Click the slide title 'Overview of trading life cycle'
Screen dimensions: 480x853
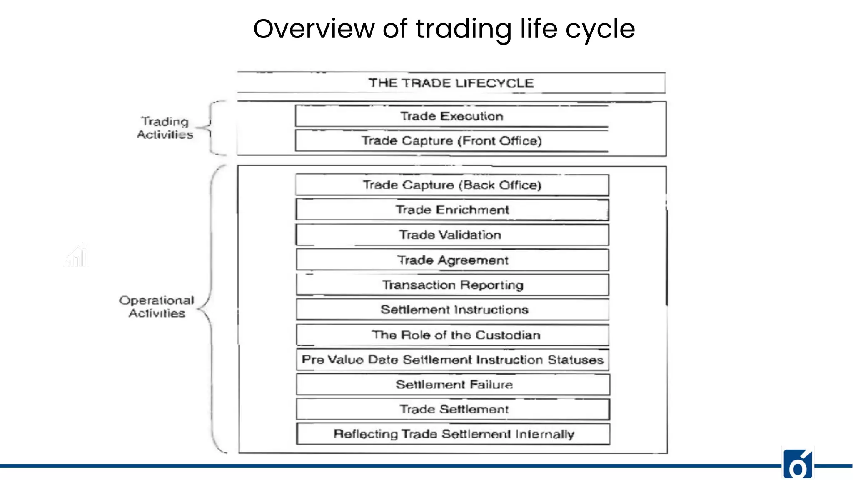[x=444, y=29]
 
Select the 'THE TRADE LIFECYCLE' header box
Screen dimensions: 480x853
[x=451, y=83]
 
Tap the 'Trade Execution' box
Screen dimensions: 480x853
[x=451, y=116]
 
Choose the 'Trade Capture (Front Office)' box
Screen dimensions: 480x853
[x=451, y=141]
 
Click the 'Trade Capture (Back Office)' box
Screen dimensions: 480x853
[x=452, y=185]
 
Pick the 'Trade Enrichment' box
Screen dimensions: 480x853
[x=452, y=210]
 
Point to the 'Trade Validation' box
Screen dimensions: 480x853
[x=452, y=235]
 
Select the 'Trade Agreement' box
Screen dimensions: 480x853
[x=452, y=260]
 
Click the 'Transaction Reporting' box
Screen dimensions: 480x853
[x=452, y=285]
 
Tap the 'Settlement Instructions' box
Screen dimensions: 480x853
[x=453, y=310]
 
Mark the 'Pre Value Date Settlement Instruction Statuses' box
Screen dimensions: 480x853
[x=453, y=360]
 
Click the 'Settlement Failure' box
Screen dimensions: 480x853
[x=453, y=384]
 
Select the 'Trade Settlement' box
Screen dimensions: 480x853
[x=453, y=409]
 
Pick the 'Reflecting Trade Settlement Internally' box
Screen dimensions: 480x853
[x=453, y=434]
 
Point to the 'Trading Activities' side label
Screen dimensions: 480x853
[x=165, y=128]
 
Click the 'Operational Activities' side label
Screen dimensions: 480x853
[x=157, y=307]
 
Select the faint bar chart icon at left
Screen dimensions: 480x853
[x=77, y=255]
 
